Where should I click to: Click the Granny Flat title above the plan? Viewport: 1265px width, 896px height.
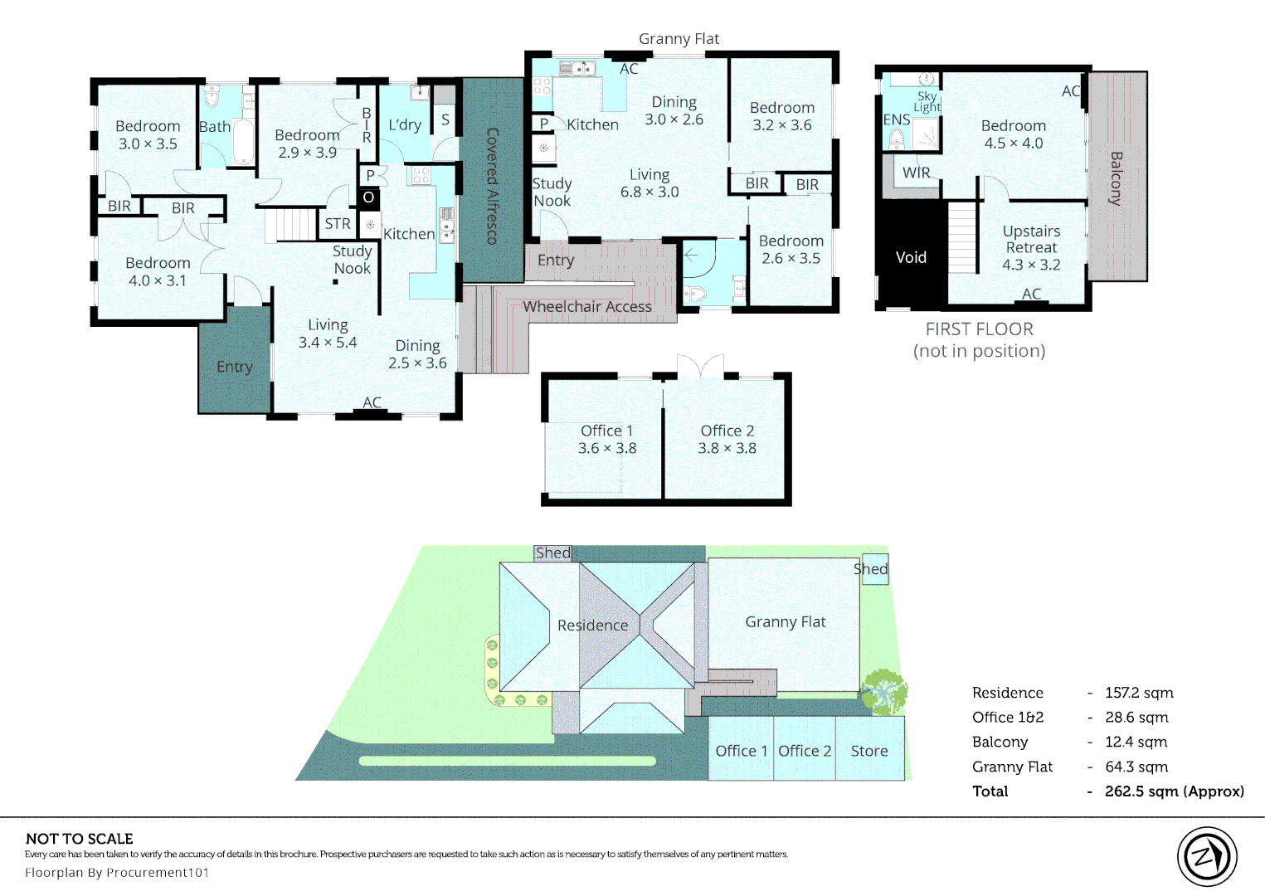click(679, 39)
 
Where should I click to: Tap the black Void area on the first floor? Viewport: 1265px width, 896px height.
click(911, 254)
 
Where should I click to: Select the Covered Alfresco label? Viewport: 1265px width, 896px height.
click(492, 186)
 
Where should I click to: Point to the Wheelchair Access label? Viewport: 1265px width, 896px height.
click(586, 307)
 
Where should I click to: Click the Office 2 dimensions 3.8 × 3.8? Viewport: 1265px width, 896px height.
click(727, 448)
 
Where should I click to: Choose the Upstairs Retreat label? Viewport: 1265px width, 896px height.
click(1031, 239)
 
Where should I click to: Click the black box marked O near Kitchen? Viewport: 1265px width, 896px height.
click(368, 197)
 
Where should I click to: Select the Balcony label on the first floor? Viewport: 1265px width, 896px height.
click(1117, 178)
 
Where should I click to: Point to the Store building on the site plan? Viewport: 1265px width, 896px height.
click(869, 749)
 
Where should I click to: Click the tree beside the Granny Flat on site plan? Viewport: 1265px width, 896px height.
click(883, 692)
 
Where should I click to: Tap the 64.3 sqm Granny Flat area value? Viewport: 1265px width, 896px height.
click(1136, 767)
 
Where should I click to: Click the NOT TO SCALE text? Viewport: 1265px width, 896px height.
click(80, 839)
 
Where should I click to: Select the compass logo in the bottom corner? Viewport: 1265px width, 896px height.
click(1207, 857)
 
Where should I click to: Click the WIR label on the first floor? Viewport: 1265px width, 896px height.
click(916, 173)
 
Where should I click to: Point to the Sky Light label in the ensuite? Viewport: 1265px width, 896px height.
click(927, 102)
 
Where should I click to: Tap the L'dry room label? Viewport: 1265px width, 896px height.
click(405, 124)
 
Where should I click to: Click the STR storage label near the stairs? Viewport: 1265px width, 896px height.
click(337, 224)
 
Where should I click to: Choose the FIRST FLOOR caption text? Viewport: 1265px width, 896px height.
click(980, 329)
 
